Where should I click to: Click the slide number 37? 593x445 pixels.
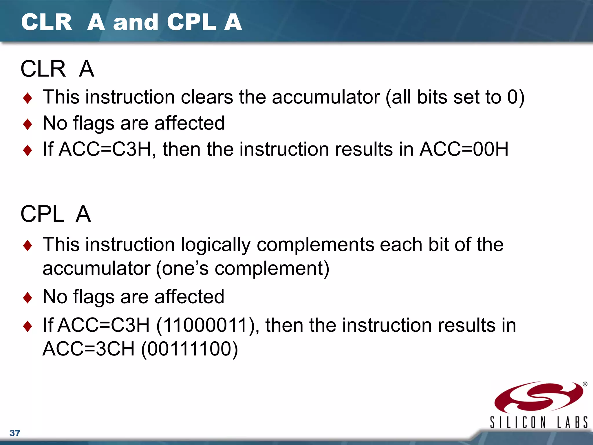pos(15,433)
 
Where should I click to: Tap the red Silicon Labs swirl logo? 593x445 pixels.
pos(539,397)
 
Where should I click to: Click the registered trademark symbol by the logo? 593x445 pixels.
pos(585,384)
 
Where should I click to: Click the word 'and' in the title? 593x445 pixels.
pos(136,23)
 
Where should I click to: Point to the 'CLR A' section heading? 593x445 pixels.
pos(57,69)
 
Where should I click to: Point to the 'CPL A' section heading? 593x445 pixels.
pos(56,214)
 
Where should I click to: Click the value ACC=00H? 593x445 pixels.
pos(464,149)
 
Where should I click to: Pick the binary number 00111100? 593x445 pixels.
pos(190,349)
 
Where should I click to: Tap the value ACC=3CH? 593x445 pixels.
pos(89,349)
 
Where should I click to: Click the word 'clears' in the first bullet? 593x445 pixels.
pos(207,97)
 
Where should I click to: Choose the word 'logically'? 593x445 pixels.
pos(216,245)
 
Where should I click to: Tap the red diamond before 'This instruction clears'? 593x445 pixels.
pos(28,98)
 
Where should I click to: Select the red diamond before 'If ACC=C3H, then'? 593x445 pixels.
pos(28,150)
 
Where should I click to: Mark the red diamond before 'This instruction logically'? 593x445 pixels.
pos(28,246)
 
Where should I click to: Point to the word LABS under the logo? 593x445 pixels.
pos(572,422)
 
